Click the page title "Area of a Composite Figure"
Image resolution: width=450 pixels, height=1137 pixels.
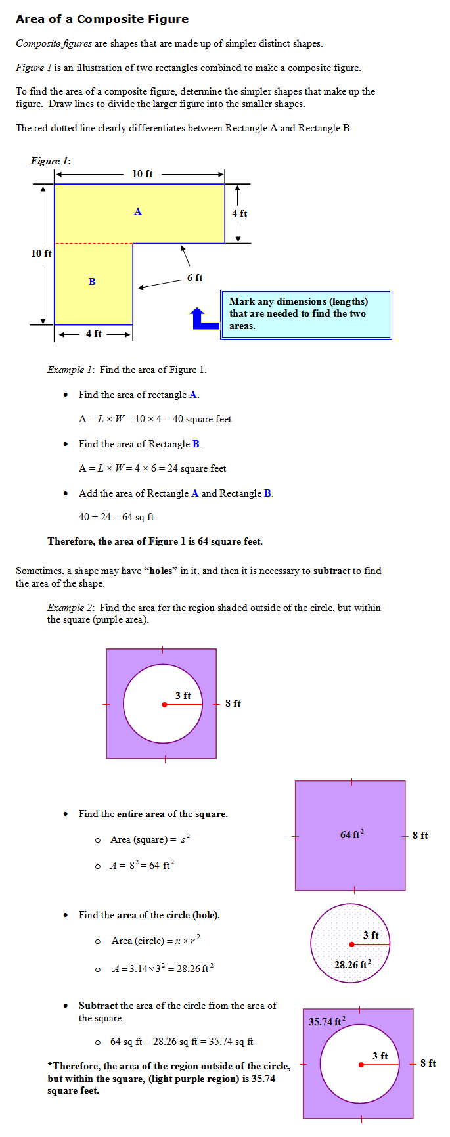pos(102,19)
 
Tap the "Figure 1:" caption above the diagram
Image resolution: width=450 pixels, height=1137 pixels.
pos(51,161)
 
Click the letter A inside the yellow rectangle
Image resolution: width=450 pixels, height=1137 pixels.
pos(138,212)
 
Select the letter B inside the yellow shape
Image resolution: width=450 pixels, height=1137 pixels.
pos(92,282)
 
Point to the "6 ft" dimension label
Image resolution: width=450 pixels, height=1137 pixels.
pos(194,278)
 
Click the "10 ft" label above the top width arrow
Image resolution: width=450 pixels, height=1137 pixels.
pos(143,174)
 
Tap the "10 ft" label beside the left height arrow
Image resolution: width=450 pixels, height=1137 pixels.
pos(41,254)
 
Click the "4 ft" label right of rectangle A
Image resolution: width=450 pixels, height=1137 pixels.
pos(239,213)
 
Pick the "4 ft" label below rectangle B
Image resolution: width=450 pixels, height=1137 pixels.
pos(93,334)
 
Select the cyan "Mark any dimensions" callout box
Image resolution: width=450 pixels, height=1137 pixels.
pos(306,314)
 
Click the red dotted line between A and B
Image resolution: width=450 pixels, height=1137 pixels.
pos(93,244)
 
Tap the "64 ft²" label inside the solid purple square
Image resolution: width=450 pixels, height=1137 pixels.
pos(352,834)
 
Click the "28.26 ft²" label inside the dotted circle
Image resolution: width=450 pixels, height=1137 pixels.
pos(352,964)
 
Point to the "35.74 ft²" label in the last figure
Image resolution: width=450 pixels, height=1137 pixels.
pos(327,1021)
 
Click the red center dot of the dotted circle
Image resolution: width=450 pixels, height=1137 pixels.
pos(352,945)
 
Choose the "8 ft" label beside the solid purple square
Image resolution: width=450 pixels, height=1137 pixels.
pos(420,836)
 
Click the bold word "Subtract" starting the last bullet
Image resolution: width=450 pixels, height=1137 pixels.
pos(98,1006)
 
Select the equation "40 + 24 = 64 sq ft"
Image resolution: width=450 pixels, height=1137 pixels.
pos(116,517)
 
